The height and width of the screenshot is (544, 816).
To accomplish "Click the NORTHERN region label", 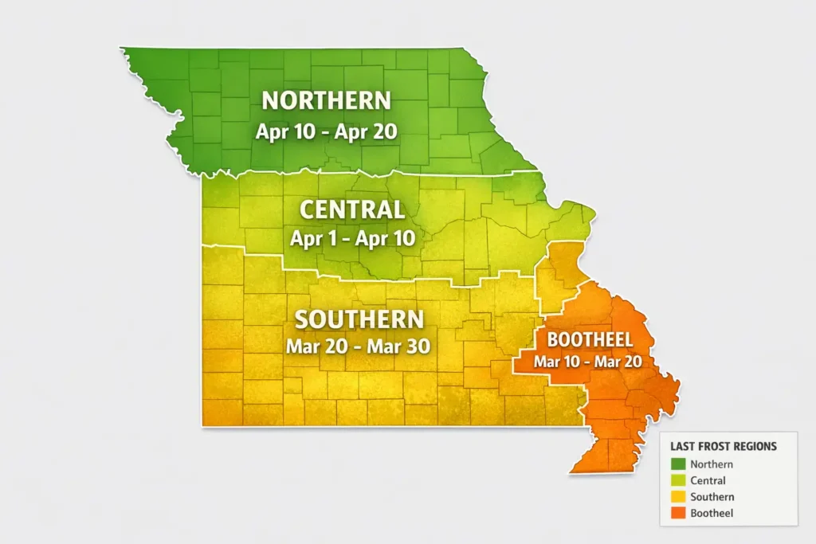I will pyautogui.click(x=327, y=100).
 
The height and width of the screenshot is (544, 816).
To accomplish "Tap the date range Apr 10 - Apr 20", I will pyautogui.click(x=327, y=131).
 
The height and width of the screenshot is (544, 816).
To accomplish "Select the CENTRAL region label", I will pyautogui.click(x=351, y=210).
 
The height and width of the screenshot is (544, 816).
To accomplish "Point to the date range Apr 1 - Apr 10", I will pyautogui.click(x=351, y=238).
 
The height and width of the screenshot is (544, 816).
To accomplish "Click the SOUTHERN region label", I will pyautogui.click(x=359, y=319).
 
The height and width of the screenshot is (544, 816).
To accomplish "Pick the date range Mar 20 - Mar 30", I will pyautogui.click(x=358, y=346).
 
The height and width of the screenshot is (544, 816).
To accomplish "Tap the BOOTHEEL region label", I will pyautogui.click(x=590, y=340).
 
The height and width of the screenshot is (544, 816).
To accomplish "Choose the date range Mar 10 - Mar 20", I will pyautogui.click(x=589, y=362).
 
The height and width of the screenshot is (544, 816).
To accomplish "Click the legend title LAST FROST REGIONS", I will pyautogui.click(x=723, y=447).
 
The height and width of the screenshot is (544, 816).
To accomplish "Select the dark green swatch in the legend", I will pyautogui.click(x=678, y=464).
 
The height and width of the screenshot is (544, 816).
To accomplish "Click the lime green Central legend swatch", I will pyautogui.click(x=678, y=481).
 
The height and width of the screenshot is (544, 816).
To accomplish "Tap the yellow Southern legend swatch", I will pyautogui.click(x=678, y=497).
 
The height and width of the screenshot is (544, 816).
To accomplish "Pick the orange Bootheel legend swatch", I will pyautogui.click(x=678, y=514).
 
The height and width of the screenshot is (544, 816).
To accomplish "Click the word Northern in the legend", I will pyautogui.click(x=712, y=464).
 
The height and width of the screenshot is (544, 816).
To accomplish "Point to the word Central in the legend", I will pyautogui.click(x=708, y=481).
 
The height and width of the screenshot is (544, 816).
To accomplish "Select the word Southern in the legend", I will pyautogui.click(x=712, y=497).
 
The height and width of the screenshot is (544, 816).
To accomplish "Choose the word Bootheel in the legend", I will pyautogui.click(x=712, y=514).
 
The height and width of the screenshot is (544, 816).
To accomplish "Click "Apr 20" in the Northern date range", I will pyautogui.click(x=373, y=131).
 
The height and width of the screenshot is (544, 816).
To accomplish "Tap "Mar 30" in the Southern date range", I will pyautogui.click(x=402, y=346).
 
